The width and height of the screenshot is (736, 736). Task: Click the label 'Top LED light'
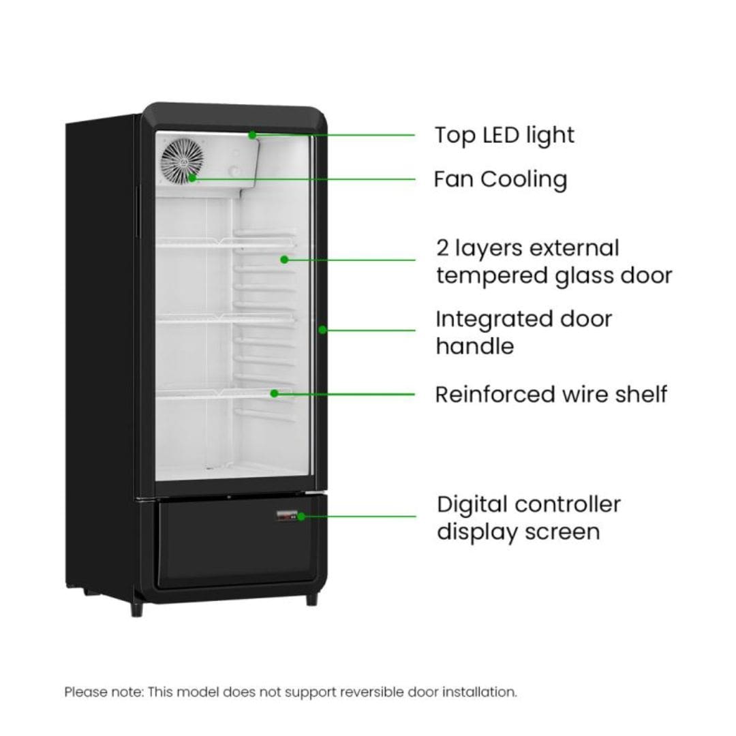[504, 136]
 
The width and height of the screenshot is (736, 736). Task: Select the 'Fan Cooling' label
[500, 179]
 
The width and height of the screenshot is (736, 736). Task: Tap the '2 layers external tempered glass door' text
[554, 262]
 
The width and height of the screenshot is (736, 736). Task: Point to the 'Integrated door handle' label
[524, 333]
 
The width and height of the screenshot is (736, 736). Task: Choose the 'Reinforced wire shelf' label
[551, 395]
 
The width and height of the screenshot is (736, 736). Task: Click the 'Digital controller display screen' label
[529, 518]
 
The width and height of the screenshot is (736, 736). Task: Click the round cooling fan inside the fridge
[183, 161]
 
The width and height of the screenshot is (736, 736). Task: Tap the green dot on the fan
[192, 178]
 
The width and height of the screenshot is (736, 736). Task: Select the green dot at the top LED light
[252, 135]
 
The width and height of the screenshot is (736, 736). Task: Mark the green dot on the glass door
[284, 259]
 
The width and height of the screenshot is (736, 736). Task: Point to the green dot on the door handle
[322, 330]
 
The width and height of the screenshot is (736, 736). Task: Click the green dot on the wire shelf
[275, 393]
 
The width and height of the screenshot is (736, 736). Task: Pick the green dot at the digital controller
[301, 517]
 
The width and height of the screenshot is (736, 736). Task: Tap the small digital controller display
[287, 516]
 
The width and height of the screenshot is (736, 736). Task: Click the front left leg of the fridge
[136, 609]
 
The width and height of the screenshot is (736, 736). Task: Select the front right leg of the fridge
[312, 599]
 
